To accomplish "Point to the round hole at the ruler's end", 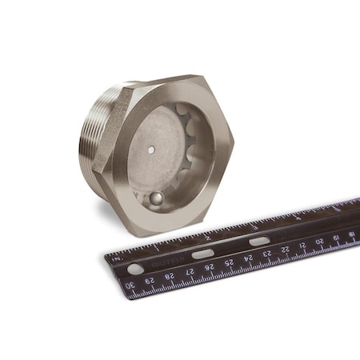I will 135,269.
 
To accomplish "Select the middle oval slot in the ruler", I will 203,254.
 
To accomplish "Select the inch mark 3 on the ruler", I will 253,225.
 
